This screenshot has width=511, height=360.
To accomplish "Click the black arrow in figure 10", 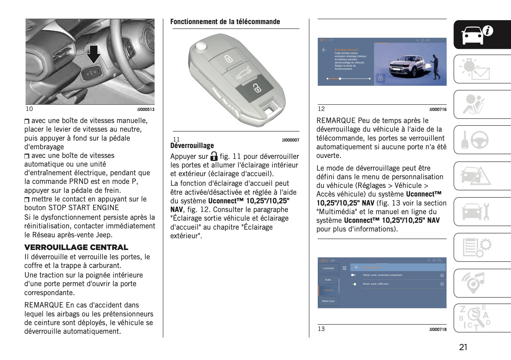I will click(x=93, y=54).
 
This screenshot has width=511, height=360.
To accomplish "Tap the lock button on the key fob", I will click(x=228, y=59).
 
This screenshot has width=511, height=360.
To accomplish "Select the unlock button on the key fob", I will click(x=256, y=88).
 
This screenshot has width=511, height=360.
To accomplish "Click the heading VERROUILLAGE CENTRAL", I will click(x=76, y=247).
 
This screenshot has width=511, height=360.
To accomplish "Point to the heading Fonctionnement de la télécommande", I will click(x=225, y=22).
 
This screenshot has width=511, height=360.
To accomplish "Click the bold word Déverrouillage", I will click(x=192, y=146).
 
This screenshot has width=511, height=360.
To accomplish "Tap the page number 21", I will click(x=463, y=347).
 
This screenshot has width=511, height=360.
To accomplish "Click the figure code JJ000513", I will click(x=146, y=109).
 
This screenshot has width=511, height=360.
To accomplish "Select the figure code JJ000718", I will click(x=438, y=330).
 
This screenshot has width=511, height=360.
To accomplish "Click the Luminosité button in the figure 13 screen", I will click(x=328, y=268).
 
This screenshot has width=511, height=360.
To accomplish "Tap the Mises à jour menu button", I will click(x=328, y=301).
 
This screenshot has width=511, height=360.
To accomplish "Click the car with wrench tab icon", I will click(x=475, y=212).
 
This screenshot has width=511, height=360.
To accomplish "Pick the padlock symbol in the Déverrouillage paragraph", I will click(x=214, y=156).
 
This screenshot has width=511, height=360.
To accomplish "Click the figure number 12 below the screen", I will click(x=321, y=109).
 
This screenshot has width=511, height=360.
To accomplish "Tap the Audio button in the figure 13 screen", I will click(x=328, y=280).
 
